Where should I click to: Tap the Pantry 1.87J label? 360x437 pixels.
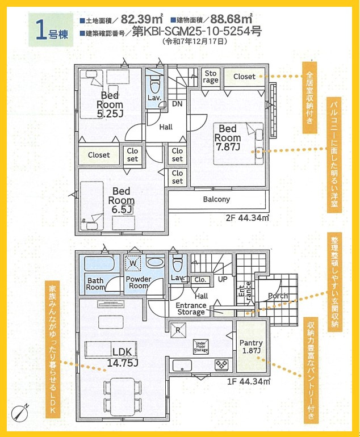251,346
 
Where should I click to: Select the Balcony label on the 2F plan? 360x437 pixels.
216,199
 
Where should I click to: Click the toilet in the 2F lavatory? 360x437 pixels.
155,83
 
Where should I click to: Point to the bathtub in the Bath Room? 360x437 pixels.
99,264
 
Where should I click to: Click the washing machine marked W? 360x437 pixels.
133,263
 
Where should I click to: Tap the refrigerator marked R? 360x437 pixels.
178,330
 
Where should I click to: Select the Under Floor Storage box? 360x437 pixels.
201,347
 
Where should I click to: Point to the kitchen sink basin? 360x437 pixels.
182,365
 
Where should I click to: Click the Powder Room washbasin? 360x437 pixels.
155,262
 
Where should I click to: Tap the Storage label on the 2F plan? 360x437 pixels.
211,77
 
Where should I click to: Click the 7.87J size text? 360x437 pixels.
228,147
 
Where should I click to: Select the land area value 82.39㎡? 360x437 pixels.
141,19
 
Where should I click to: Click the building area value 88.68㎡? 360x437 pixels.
231,19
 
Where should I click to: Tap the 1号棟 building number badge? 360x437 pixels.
51,30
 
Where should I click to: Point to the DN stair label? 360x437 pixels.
177,104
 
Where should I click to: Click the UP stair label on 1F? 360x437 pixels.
223,279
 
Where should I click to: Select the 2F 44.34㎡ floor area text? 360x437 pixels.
248,218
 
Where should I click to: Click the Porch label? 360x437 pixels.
278,296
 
